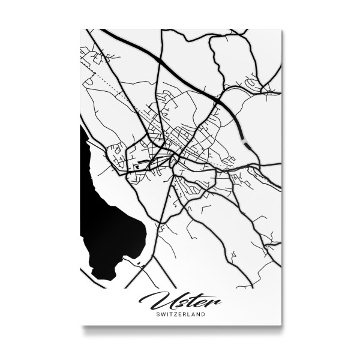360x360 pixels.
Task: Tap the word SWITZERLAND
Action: click(x=180, y=314)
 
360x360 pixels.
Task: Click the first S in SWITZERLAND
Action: click(x=157, y=314)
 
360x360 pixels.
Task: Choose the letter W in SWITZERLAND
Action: click(x=161, y=314)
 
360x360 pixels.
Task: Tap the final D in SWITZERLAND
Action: click(x=203, y=314)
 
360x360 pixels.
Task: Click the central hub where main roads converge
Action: click(x=173, y=157)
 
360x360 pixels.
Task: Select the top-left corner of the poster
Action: click(x=80, y=29)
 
